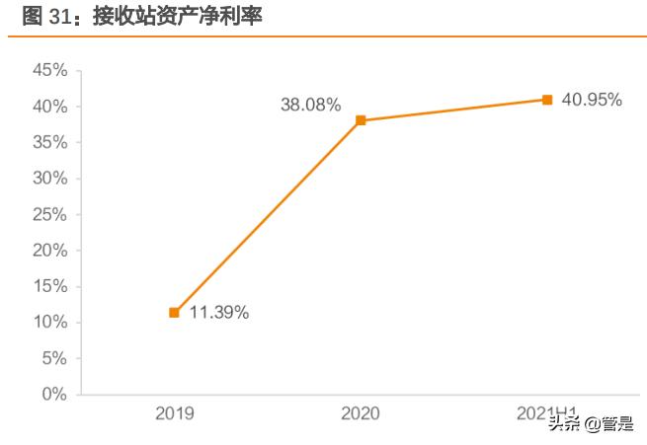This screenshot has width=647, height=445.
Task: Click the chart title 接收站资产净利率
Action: pyautogui.click(x=179, y=17)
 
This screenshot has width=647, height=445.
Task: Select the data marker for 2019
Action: pyautogui.click(x=174, y=313)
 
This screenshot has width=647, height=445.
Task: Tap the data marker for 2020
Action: pyautogui.click(x=361, y=120)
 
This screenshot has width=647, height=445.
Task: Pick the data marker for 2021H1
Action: pyautogui.click(x=547, y=100)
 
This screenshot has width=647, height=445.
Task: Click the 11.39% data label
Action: pyautogui.click(x=219, y=313)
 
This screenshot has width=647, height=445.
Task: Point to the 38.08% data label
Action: pyautogui.click(x=310, y=104)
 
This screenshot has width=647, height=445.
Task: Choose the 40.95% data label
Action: pyautogui.click(x=592, y=100)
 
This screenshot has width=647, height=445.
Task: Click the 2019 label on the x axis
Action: pyautogui.click(x=174, y=414)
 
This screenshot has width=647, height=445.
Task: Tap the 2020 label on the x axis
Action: pyautogui.click(x=361, y=414)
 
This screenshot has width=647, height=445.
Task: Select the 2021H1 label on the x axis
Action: pyautogui.click(x=547, y=414)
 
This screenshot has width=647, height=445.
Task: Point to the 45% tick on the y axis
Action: pyautogui.click(x=49, y=70)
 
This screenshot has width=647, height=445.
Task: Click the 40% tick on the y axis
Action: pyautogui.click(x=49, y=107)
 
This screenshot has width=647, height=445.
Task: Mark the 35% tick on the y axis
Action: pyautogui.click(x=49, y=142)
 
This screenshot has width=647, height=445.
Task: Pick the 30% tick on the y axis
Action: pyautogui.click(x=49, y=179)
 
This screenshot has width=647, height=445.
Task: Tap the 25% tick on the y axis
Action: pyautogui.click(x=49, y=214)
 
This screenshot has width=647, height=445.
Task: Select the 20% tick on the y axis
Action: pyautogui.click(x=49, y=251)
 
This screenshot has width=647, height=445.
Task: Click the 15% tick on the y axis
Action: pyautogui.click(x=49, y=286)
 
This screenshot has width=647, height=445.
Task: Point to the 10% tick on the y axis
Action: pyautogui.click(x=49, y=323)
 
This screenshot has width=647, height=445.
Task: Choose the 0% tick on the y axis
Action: pyautogui.click(x=54, y=395)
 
